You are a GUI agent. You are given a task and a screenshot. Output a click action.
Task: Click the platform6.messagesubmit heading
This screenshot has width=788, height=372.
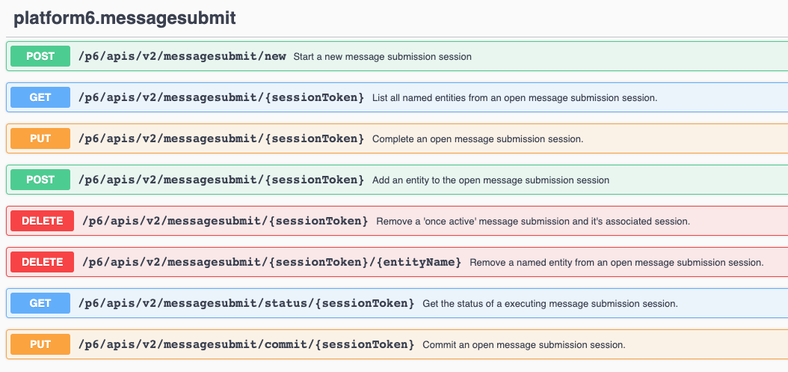click(125, 18)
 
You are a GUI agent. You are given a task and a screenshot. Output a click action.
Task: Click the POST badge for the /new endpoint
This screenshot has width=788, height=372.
click(40, 56)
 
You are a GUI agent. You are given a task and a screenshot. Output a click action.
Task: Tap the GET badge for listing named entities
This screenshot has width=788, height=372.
click(40, 97)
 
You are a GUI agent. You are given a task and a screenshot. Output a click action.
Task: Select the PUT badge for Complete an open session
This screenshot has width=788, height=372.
click(40, 138)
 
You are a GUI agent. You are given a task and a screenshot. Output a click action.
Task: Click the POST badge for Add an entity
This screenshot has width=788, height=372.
click(40, 180)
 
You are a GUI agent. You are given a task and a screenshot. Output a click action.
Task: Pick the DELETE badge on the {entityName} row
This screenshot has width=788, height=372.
click(43, 262)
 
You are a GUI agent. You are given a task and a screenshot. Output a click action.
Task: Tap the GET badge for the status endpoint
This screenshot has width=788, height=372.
click(40, 303)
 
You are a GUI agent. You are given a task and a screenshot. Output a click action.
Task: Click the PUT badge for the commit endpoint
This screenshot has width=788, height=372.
click(40, 344)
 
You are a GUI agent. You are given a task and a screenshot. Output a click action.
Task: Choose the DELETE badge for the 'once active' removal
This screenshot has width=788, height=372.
click(43, 221)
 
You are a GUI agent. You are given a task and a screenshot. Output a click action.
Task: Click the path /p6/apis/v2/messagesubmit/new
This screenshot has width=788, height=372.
click(182, 56)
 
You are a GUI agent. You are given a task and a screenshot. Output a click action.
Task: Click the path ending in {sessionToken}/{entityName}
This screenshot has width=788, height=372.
click(271, 262)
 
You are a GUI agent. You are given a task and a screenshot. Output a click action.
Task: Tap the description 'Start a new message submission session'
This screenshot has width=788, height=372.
click(382, 57)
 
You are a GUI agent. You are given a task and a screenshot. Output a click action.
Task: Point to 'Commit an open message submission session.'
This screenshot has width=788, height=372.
click(523, 345)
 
